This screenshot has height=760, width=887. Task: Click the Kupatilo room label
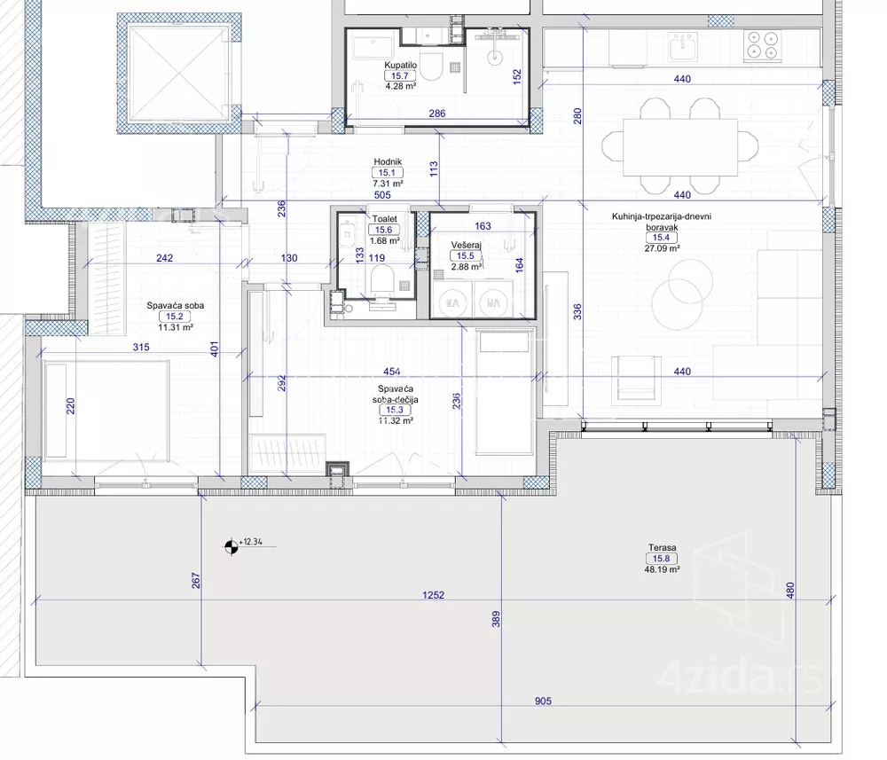401,65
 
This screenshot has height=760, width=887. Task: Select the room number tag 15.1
388,173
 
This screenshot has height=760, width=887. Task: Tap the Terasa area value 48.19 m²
663,569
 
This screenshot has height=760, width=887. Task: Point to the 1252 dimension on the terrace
434,595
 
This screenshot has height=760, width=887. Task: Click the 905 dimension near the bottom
543,701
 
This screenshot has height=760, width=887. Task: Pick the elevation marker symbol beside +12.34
231,546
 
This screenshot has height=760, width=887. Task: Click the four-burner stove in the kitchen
762,44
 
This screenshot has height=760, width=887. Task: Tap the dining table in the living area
680,147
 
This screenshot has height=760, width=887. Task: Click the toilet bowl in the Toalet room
381,281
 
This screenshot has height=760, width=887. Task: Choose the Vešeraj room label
466,246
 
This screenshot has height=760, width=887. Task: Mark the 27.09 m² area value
662,247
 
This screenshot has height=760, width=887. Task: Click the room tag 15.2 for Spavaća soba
174,317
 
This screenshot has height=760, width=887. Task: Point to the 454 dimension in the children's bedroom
391,372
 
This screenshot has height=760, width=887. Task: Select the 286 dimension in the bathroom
436,114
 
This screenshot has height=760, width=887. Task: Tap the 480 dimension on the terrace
790,591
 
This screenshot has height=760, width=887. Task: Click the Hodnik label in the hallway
388,162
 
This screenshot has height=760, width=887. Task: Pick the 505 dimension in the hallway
382,195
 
